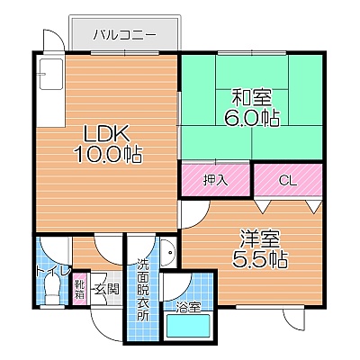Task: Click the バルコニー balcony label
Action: (x=124, y=35)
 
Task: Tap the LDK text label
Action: (x=106, y=133)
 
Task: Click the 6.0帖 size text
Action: (x=252, y=118)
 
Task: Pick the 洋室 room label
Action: (x=260, y=238)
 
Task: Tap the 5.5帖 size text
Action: (x=260, y=259)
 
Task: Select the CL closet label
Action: (x=287, y=181)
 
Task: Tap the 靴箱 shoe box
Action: (x=80, y=289)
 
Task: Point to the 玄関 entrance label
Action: (x=106, y=289)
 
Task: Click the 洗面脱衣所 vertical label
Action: (x=143, y=290)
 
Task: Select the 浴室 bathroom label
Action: (x=188, y=307)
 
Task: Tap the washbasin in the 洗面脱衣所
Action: (x=168, y=253)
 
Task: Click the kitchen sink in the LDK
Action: (x=51, y=74)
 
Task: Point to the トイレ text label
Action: (x=53, y=271)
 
